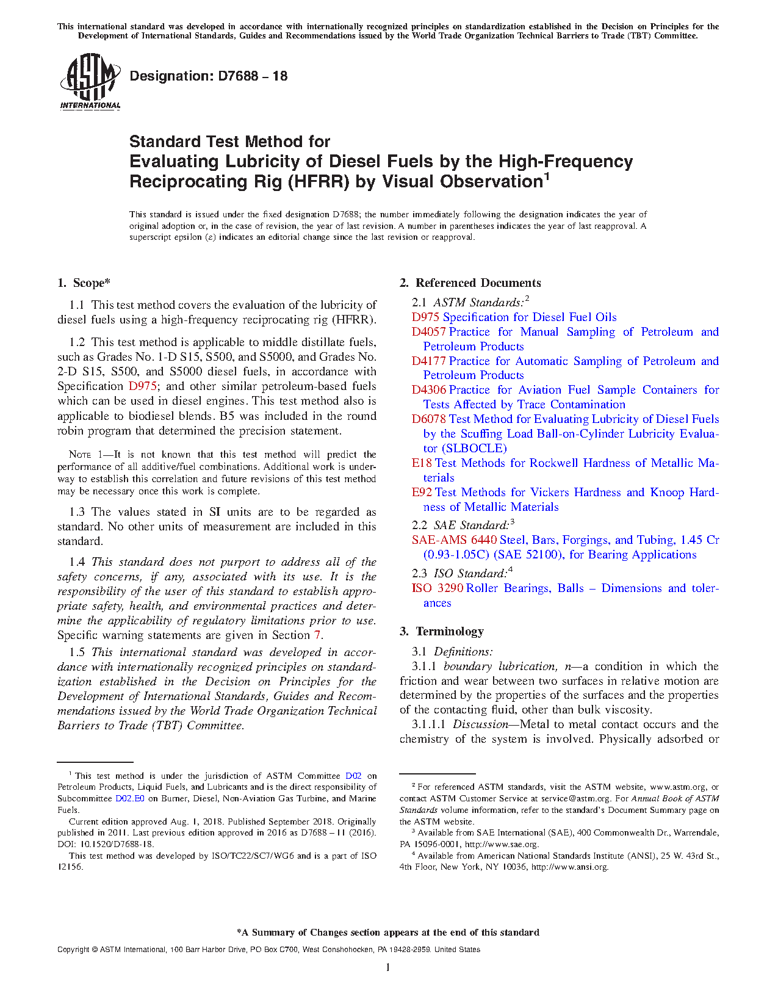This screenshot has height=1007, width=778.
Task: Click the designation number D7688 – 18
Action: click(208, 76)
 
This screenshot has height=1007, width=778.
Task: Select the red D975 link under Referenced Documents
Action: click(425, 317)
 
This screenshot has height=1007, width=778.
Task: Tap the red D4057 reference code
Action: click(428, 332)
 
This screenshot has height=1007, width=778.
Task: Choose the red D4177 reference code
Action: click(428, 361)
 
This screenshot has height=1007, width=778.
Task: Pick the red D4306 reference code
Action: click(428, 390)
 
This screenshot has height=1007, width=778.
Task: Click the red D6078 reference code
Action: click(428, 419)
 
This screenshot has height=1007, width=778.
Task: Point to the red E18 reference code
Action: click(422, 463)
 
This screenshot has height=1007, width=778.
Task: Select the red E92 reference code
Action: click(422, 493)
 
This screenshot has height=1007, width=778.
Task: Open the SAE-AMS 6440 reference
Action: click(454, 540)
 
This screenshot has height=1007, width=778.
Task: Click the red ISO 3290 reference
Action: click(438, 588)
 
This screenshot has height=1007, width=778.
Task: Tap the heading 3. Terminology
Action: click(442, 632)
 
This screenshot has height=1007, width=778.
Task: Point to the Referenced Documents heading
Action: click(478, 283)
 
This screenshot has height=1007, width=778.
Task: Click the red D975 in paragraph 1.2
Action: click(143, 386)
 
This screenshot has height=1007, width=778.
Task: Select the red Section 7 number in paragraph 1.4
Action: click(317, 635)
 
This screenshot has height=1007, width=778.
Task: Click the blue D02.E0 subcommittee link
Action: click(129, 798)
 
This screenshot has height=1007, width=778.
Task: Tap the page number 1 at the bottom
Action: click(388, 967)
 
